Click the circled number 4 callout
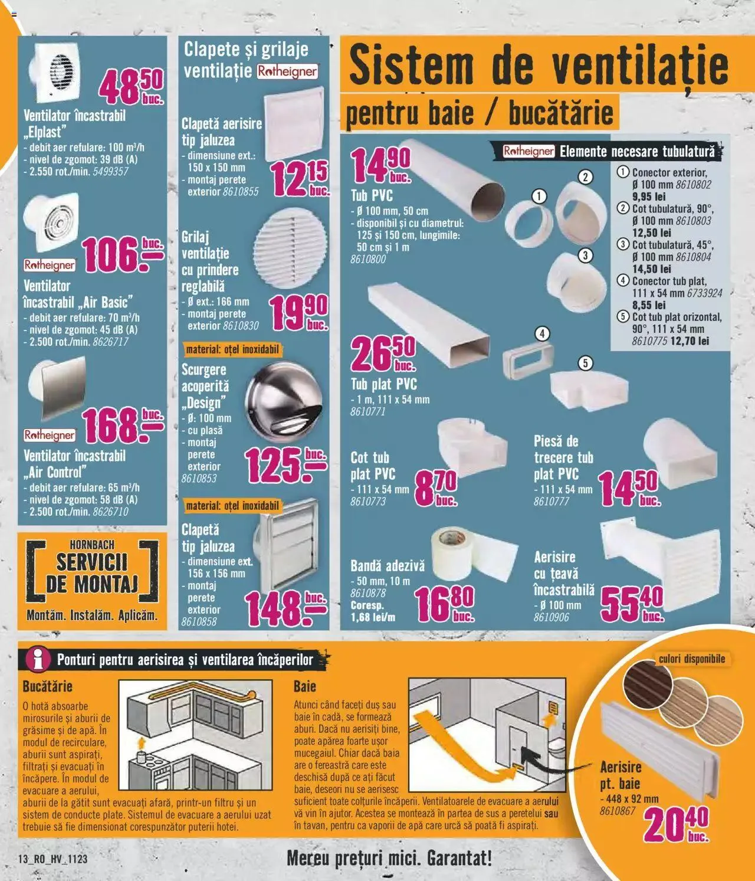(541, 334)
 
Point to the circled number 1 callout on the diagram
(539, 196)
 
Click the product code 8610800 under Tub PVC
(368, 260)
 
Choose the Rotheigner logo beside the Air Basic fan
(50, 265)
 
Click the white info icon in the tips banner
(40, 659)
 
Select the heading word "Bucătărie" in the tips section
(47, 687)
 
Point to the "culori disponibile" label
(691, 659)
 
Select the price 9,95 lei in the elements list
(649, 197)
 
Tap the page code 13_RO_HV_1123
(53, 859)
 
